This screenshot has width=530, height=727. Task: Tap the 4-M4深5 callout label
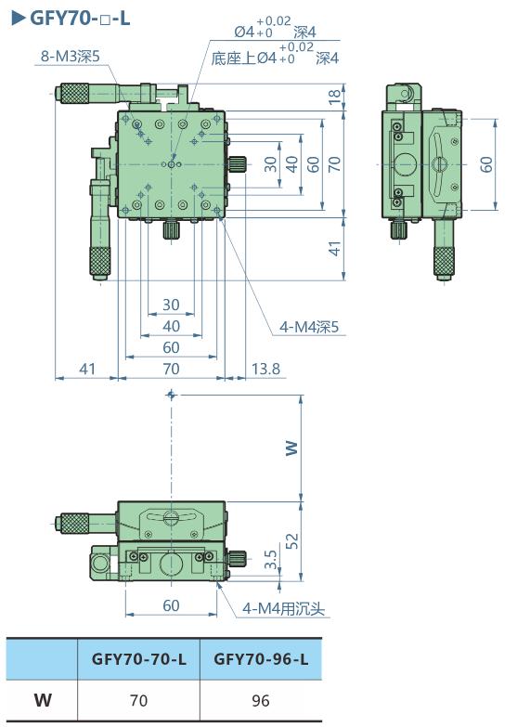pyautogui.click(x=310, y=326)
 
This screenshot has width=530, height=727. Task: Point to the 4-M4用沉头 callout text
pyautogui.click(x=283, y=609)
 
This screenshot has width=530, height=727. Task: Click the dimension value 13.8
pyautogui.click(x=265, y=370)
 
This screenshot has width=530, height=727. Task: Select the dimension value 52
pyautogui.click(x=291, y=540)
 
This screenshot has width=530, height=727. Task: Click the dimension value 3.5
pyautogui.click(x=270, y=559)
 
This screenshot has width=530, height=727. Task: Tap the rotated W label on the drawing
pyautogui.click(x=291, y=447)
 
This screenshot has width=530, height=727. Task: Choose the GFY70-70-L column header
pyautogui.click(x=138, y=659)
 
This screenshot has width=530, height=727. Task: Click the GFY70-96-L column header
pyautogui.click(x=261, y=659)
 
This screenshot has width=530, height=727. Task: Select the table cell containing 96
pyautogui.click(x=261, y=700)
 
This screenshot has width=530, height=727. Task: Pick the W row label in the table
pyautogui.click(x=43, y=700)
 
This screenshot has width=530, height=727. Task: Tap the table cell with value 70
pyautogui.click(x=138, y=700)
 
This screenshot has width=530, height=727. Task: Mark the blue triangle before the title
pyautogui.click(x=16, y=16)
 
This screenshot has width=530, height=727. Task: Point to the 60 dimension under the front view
pyautogui.click(x=171, y=605)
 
